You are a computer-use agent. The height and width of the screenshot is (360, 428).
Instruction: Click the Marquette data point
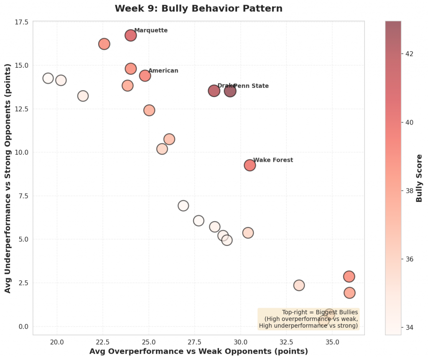(x=130, y=36)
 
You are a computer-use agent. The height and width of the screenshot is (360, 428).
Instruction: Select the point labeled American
(x=145, y=76)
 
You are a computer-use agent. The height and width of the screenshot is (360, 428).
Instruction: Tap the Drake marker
(x=214, y=91)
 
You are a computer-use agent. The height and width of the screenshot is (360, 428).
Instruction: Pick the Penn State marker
(x=230, y=91)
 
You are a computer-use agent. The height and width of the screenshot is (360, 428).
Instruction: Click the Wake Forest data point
(x=250, y=165)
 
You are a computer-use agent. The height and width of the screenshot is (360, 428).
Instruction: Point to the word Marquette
(x=151, y=31)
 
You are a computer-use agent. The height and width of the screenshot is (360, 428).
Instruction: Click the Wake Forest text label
(x=273, y=160)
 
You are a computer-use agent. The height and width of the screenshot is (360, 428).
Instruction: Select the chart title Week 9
(x=199, y=8)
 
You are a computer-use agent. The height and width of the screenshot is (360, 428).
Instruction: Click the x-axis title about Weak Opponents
(x=199, y=351)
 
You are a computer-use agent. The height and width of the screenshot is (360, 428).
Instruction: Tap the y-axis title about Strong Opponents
(x=8, y=178)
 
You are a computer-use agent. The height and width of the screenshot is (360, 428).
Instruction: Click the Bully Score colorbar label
(x=419, y=178)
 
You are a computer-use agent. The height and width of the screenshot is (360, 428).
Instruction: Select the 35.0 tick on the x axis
(x=332, y=342)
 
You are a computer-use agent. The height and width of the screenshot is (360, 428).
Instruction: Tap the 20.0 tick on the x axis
(x=57, y=342)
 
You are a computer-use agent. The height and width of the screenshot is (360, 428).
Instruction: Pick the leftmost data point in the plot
(x=48, y=78)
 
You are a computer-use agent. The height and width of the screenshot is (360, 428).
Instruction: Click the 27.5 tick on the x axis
(x=195, y=342)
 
